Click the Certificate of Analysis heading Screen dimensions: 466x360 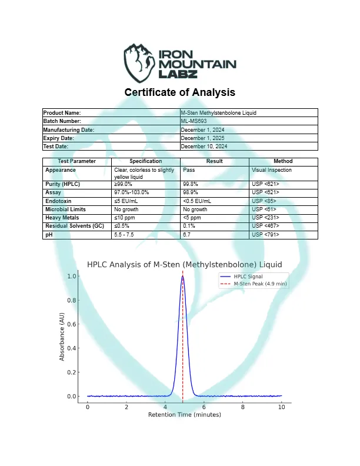pyautogui.click(x=180, y=92)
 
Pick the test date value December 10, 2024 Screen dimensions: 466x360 pyautogui.click(x=204, y=146)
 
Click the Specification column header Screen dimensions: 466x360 pyautogui.click(x=145, y=161)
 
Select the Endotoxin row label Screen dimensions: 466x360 pyautogui.click(x=59, y=201)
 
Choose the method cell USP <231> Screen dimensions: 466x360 pyautogui.click(x=265, y=218)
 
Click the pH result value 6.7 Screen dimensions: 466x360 pyautogui.click(x=187, y=234)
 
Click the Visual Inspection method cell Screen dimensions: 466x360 pyautogui.click(x=272, y=170)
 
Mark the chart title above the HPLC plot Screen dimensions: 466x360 pyautogui.click(x=184, y=264)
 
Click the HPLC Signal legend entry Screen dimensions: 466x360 pyautogui.click(x=248, y=276)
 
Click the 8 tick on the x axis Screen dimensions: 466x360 pyautogui.click(x=243, y=407)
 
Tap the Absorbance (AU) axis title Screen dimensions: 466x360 pyautogui.click(x=62, y=336)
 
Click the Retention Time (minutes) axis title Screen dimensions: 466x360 pyautogui.click(x=184, y=415)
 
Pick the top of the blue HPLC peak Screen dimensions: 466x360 pyautogui.click(x=182, y=276)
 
